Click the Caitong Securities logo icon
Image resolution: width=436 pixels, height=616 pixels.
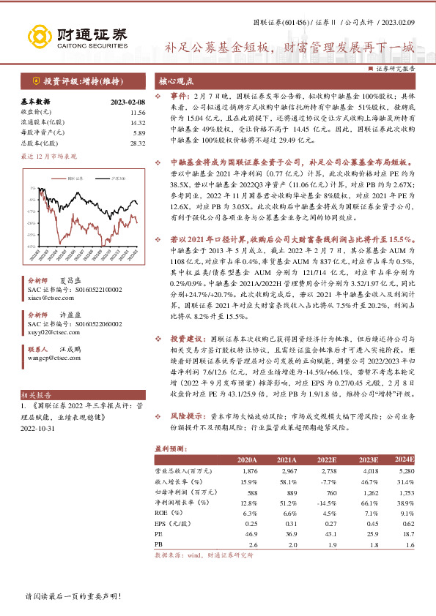coord(37,35)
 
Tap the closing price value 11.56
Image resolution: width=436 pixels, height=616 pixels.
coord(137,113)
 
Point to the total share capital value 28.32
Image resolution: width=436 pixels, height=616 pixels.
coord(137,144)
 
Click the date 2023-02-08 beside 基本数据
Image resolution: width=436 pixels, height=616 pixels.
coord(128,102)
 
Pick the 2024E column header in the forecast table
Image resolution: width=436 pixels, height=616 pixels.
coord(404,459)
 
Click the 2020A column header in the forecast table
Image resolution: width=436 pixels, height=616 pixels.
coord(246,459)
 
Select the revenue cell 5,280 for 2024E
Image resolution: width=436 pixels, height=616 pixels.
coord(405,472)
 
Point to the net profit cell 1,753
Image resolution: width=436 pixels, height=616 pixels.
coord(405,493)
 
